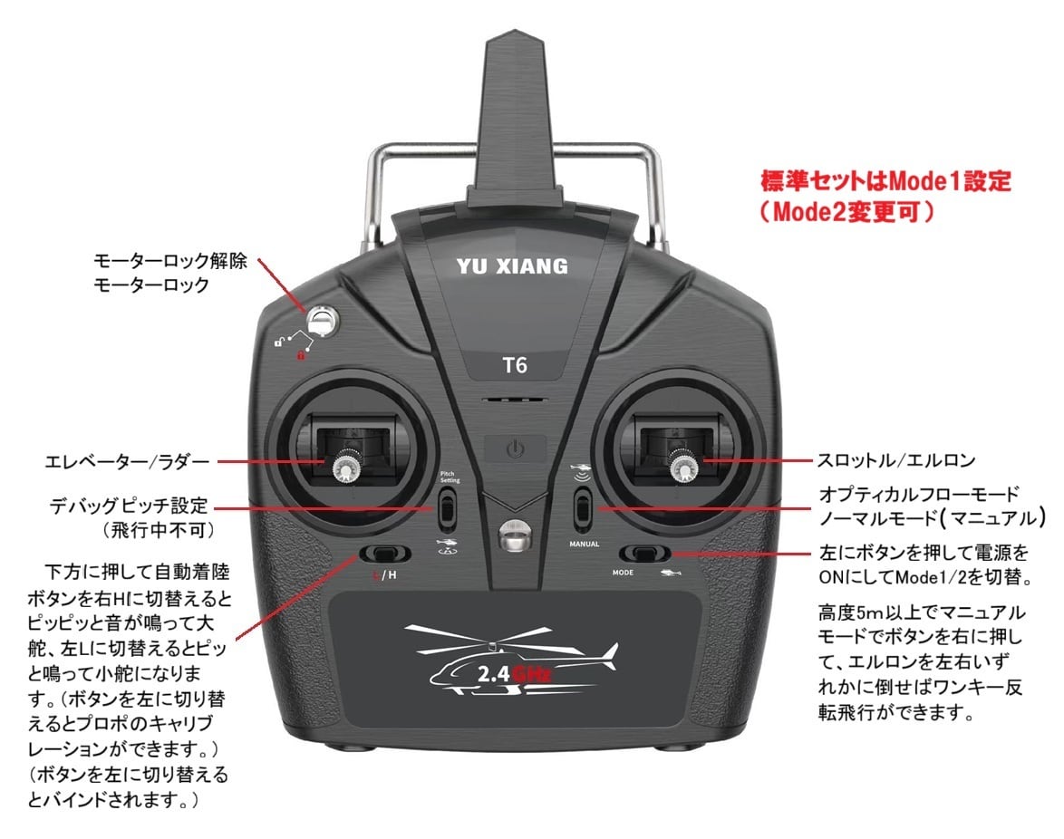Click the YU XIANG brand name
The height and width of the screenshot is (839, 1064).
(x=513, y=265)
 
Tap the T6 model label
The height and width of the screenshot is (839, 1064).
(x=514, y=368)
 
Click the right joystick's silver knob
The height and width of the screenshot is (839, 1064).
(x=682, y=467)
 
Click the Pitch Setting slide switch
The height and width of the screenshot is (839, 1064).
(x=447, y=510)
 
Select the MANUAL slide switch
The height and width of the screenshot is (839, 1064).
(x=583, y=510)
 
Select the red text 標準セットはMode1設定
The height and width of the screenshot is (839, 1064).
(x=885, y=180)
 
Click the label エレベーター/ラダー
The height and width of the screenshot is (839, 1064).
(x=127, y=462)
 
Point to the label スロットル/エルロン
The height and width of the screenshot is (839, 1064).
(x=896, y=461)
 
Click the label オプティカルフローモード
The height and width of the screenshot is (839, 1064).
(x=917, y=495)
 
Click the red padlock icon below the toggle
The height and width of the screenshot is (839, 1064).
(x=299, y=355)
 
